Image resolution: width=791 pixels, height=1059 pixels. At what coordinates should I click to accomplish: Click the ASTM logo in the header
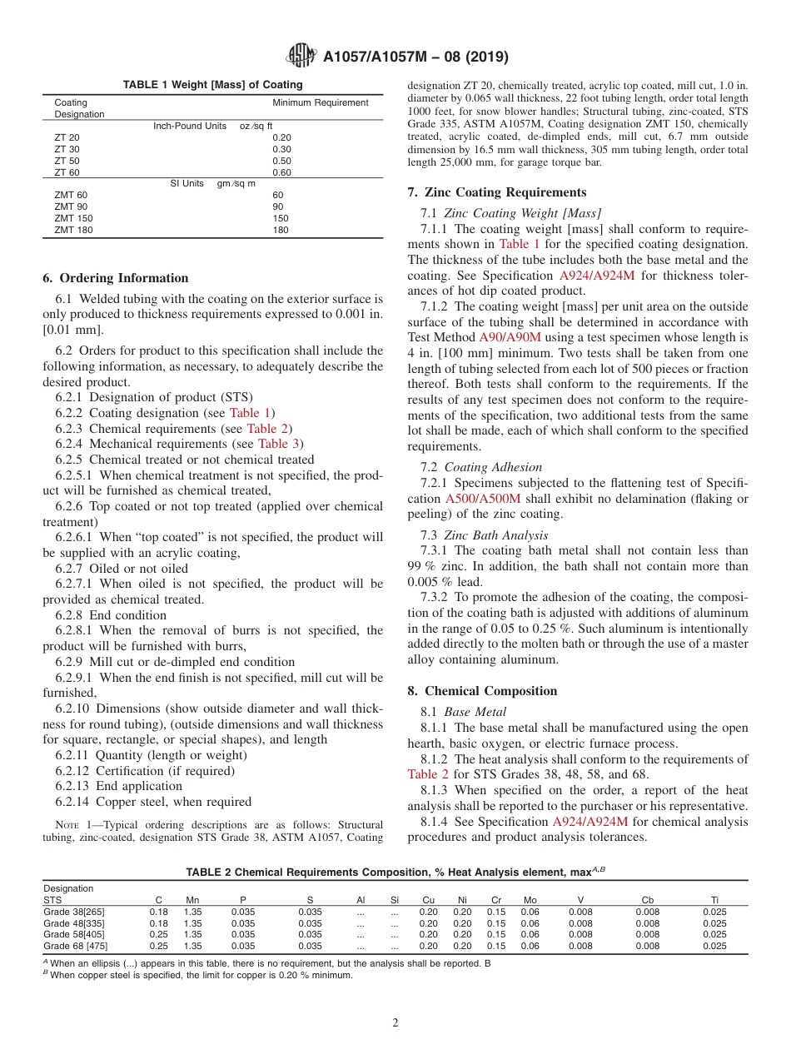click(301, 57)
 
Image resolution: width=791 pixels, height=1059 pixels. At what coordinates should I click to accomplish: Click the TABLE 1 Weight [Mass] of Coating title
click(212, 85)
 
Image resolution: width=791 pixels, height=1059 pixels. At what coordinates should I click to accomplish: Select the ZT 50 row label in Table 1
click(67, 161)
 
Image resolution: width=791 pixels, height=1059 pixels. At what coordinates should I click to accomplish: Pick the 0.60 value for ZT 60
click(282, 172)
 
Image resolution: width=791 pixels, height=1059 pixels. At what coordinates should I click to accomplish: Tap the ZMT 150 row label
click(73, 218)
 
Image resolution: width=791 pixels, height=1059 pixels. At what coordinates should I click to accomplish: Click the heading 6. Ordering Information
click(115, 278)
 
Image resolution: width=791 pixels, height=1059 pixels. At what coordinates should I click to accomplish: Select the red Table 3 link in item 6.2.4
click(280, 444)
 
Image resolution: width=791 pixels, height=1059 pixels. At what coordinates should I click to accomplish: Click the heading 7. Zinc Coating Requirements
click(496, 192)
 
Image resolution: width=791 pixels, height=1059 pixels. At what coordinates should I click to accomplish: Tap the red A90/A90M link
click(510, 337)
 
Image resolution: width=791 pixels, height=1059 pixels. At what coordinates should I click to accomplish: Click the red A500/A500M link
click(483, 499)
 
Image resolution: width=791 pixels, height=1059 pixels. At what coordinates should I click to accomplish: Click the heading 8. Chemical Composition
click(482, 691)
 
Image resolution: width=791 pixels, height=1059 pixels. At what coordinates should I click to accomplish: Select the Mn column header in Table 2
click(192, 900)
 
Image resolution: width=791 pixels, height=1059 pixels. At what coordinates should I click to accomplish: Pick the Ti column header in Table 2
click(714, 900)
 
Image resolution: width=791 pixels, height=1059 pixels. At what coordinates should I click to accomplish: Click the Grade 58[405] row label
click(74, 934)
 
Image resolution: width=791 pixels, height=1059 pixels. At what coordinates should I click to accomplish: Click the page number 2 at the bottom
click(395, 1023)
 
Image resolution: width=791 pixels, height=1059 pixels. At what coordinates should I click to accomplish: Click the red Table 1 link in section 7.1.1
click(520, 244)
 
